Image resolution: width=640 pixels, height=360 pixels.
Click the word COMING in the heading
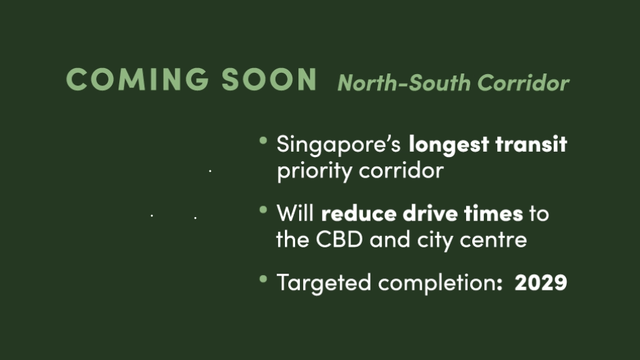click(137, 79)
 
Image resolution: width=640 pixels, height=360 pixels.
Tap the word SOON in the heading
click(269, 79)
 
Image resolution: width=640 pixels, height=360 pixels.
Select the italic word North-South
click(404, 83)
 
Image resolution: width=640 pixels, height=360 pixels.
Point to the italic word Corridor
click(523, 83)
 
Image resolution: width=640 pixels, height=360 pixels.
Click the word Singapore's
click(338, 145)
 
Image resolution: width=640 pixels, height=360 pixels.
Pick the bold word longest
click(449, 145)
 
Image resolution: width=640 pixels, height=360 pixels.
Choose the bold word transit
click(531, 144)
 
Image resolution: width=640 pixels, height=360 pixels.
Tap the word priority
click(315, 171)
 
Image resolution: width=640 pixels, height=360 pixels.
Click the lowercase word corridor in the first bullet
click(402, 170)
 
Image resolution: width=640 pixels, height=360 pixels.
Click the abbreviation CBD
click(339, 239)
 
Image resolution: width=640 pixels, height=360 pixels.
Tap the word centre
click(493, 240)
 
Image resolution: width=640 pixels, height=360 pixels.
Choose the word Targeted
click(323, 282)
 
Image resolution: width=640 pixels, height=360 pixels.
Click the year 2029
click(541, 282)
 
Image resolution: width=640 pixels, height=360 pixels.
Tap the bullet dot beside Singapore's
click(263, 141)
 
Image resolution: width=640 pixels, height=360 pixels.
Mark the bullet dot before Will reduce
click(263, 210)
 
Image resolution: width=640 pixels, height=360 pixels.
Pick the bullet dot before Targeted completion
click(263, 279)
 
